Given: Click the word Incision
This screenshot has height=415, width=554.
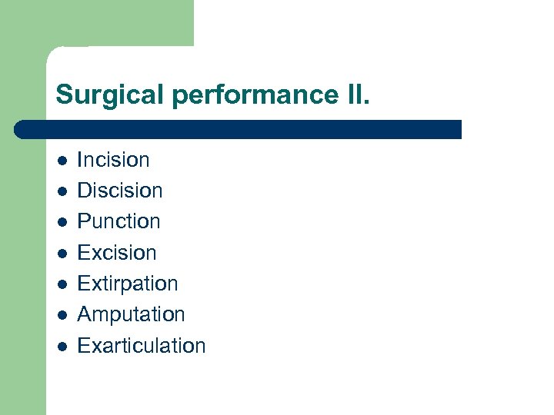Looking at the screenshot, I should [113, 160].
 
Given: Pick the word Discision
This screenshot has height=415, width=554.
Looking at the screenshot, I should [120, 191].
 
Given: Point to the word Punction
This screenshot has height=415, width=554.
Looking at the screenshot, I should [118, 221].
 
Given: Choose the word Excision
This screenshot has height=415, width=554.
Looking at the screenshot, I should [117, 253].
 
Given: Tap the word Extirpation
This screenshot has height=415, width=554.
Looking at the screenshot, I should [128, 284].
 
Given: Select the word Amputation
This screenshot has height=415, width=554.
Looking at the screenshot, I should [131, 314].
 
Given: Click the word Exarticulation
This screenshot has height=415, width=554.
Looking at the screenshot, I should [142, 346].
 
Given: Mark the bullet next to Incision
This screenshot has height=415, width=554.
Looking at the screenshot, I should [61, 161].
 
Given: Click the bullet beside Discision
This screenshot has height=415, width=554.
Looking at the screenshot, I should [61, 191].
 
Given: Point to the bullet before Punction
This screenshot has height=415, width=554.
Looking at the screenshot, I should [61, 222].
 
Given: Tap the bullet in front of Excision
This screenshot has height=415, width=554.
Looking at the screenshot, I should [61, 254].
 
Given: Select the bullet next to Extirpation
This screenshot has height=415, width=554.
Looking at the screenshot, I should [61, 284].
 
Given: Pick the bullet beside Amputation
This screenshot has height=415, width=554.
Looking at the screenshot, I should [61, 315].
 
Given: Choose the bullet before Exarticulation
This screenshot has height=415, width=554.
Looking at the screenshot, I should [61, 347].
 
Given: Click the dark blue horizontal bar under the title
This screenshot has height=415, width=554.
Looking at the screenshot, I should [239, 129].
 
